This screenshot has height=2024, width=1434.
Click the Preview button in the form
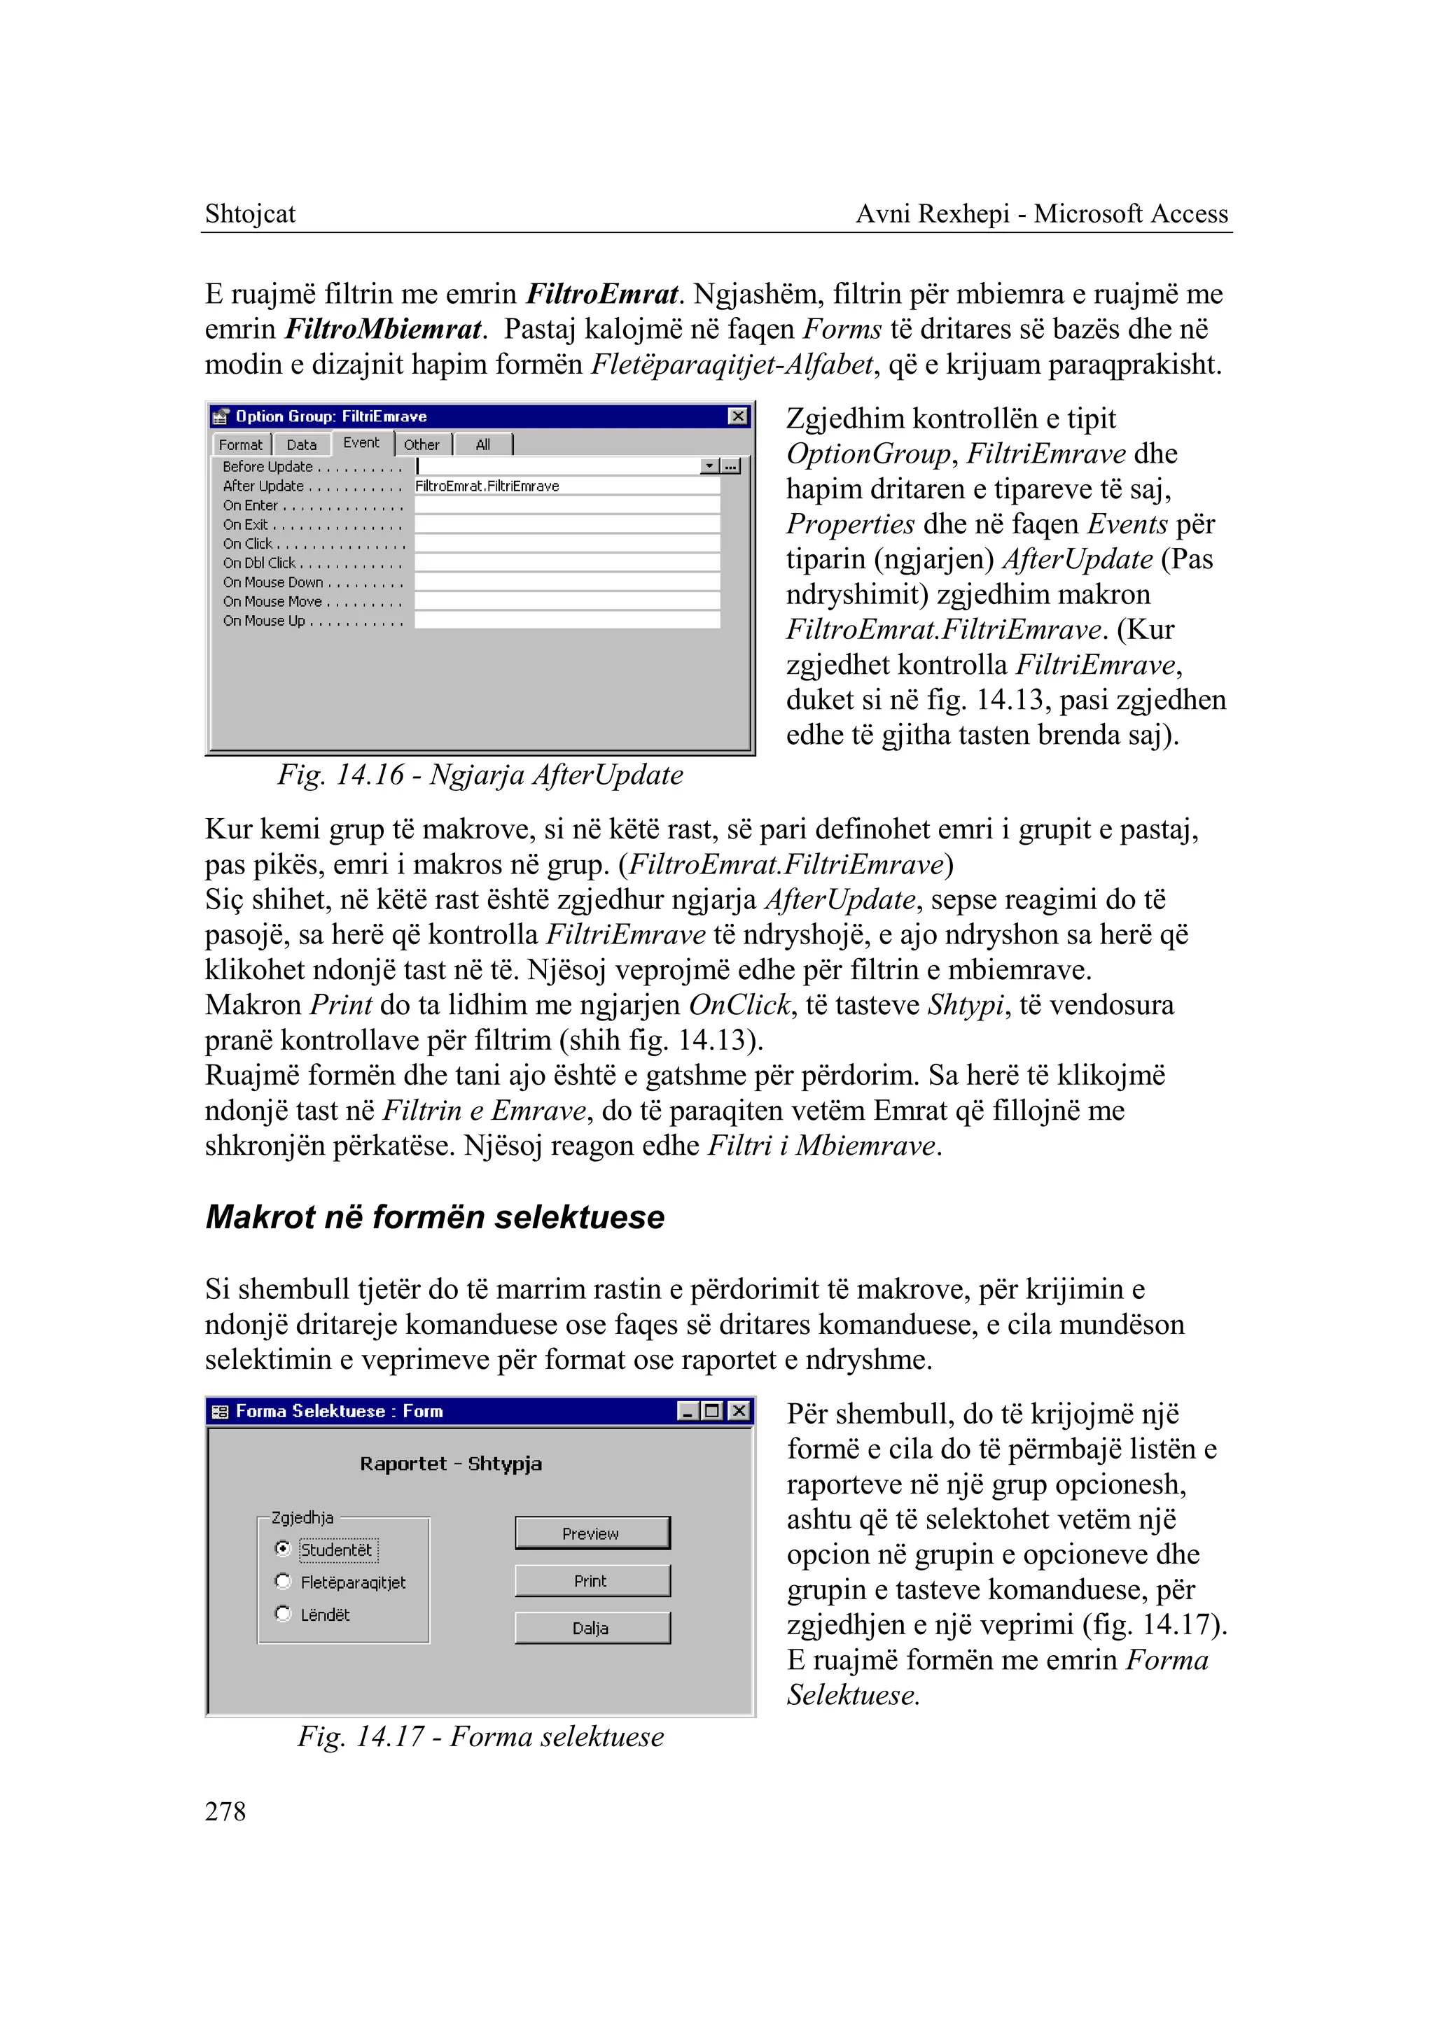(x=592, y=1533)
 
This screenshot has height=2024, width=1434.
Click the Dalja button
(x=592, y=1628)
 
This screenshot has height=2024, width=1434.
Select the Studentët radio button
(x=283, y=1548)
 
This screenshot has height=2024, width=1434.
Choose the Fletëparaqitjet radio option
(x=283, y=1581)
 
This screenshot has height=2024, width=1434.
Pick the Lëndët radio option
(x=283, y=1614)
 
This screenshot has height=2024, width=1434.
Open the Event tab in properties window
(x=361, y=443)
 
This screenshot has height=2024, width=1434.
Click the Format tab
(x=240, y=445)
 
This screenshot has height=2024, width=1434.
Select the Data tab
(x=301, y=445)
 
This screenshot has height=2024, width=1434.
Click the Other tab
(x=422, y=445)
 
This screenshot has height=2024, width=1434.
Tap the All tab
(x=482, y=445)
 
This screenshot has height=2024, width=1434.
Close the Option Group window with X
(x=737, y=416)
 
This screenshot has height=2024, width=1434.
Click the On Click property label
(x=249, y=544)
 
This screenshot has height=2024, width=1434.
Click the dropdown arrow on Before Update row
(x=709, y=466)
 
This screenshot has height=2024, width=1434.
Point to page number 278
(x=225, y=1811)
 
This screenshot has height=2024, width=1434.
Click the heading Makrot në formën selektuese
(x=434, y=1216)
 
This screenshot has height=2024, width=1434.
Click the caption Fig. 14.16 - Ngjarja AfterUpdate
(x=480, y=774)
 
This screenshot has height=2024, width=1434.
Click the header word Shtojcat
(x=250, y=213)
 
